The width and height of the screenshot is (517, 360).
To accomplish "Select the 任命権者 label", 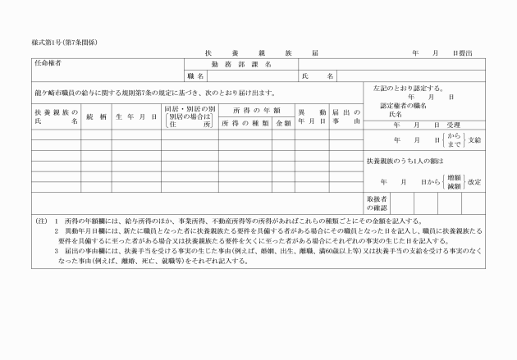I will point(48,62).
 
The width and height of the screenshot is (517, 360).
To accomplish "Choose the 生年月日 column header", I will point(136,117).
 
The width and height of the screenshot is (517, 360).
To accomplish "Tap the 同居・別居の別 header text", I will point(190,108).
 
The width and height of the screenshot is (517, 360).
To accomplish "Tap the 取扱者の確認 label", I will point(377,203).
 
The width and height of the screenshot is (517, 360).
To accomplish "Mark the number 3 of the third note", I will point(56,253).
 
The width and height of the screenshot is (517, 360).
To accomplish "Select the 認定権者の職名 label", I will point(405,106).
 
